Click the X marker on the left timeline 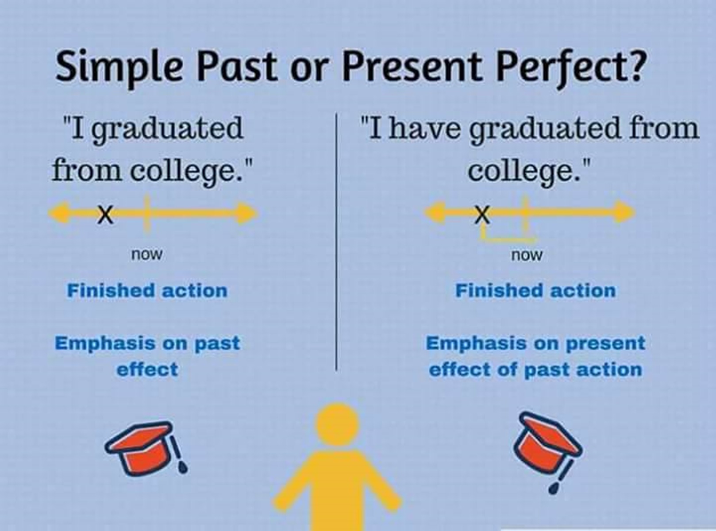click(x=105, y=214)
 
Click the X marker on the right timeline click(x=482, y=214)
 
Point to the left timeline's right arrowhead click(x=246, y=213)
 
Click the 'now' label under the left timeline click(x=147, y=254)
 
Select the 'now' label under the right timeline click(x=527, y=255)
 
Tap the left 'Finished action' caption click(x=147, y=291)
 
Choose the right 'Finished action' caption click(x=535, y=291)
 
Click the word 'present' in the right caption click(x=606, y=343)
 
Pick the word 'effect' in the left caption click(x=147, y=369)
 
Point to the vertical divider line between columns click(x=336, y=242)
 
